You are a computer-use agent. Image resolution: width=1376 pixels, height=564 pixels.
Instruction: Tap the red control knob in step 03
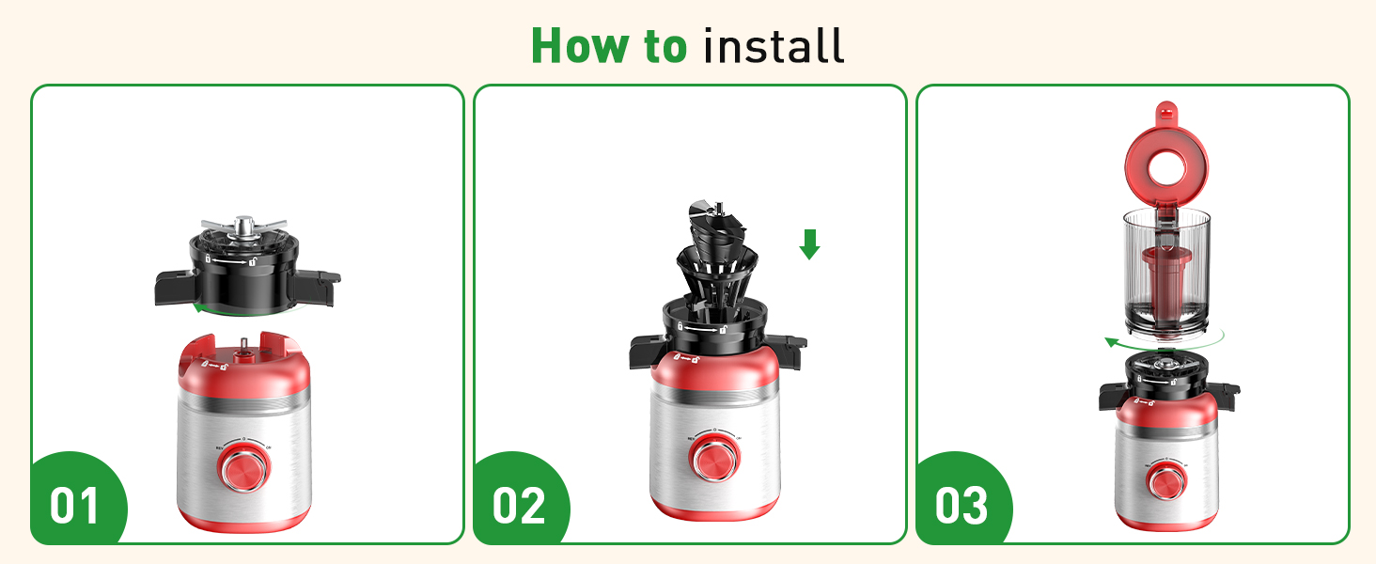1165,480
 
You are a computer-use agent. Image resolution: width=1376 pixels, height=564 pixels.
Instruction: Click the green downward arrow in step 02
809,245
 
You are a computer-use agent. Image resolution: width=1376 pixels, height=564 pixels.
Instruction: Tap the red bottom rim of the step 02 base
714,509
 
